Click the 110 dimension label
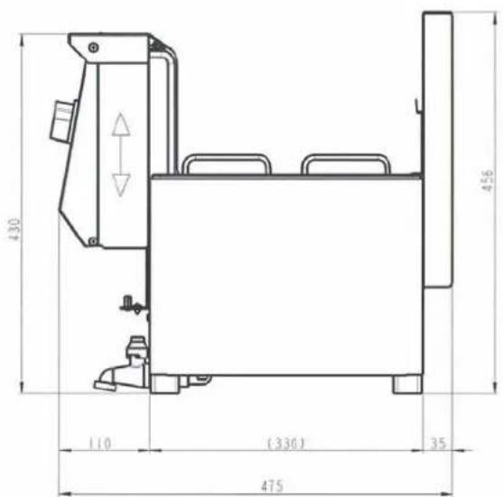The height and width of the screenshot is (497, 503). pos(99,444)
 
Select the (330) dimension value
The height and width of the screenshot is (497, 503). pos(285,444)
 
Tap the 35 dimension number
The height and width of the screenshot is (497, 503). pos(438,444)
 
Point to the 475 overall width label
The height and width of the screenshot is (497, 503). pos(272,486)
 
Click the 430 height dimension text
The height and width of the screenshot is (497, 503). pos(14,229)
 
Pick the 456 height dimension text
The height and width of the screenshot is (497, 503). pos(488,180)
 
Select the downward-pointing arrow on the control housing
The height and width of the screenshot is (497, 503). pos(121,185)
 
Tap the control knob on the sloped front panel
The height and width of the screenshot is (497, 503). pos(63,121)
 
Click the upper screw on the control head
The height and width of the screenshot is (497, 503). pos(93,48)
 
